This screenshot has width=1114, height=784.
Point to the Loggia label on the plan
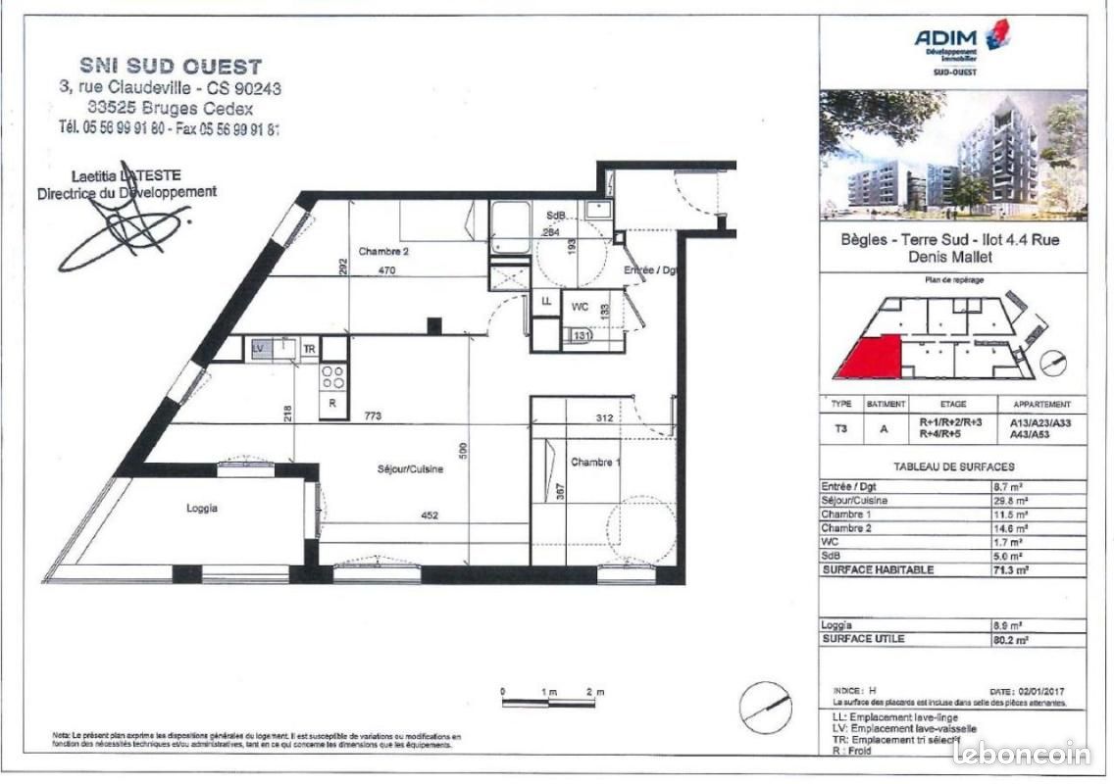(x=201, y=509)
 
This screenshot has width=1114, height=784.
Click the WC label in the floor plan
(x=580, y=306)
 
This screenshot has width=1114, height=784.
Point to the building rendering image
(x=952, y=154)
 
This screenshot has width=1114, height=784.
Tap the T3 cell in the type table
(x=840, y=426)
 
